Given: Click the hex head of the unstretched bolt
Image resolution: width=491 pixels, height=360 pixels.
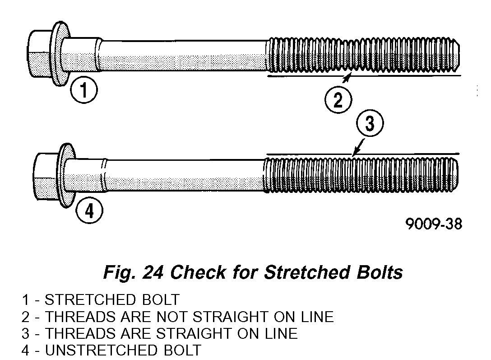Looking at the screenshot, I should pyautogui.click(x=46, y=177).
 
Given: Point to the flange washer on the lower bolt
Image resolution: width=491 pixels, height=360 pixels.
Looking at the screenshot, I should pyautogui.click(x=65, y=177).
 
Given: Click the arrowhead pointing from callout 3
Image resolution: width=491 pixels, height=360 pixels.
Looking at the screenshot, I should pyautogui.click(x=355, y=154).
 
